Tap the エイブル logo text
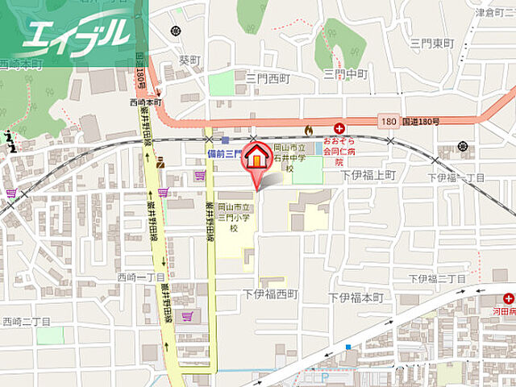pyautogui.click(x=77, y=33)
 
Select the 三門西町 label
pyautogui.click(x=268, y=78)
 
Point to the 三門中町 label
pyautogui.click(x=345, y=74)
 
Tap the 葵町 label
pyautogui.click(x=189, y=59)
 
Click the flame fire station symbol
pyautogui.click(x=307, y=128)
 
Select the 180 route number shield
pyautogui.click(x=389, y=122)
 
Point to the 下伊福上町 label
pyautogui.click(x=368, y=174)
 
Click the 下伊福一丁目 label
pyautogui.click(x=456, y=177)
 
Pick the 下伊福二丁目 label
pyautogui.click(x=437, y=278)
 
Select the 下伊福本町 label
pyautogui.click(x=356, y=298)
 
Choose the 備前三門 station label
pyautogui.click(x=220, y=152)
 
